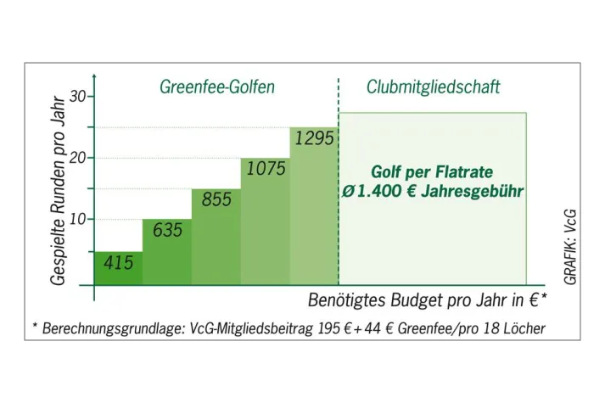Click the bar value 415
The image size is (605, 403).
point(119,263)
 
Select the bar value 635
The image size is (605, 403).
point(167,229)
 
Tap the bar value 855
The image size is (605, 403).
point(216,199)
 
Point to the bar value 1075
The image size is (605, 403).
point(266,169)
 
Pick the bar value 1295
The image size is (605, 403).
point(314,138)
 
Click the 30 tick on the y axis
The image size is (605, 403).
point(78,97)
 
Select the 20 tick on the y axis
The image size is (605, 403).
point(78,158)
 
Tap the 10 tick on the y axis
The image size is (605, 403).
point(78,219)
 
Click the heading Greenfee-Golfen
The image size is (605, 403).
point(216,87)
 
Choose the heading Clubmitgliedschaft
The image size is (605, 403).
point(433,87)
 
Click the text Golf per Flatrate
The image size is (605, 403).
point(432,172)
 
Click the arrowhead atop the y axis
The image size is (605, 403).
point(94,79)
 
